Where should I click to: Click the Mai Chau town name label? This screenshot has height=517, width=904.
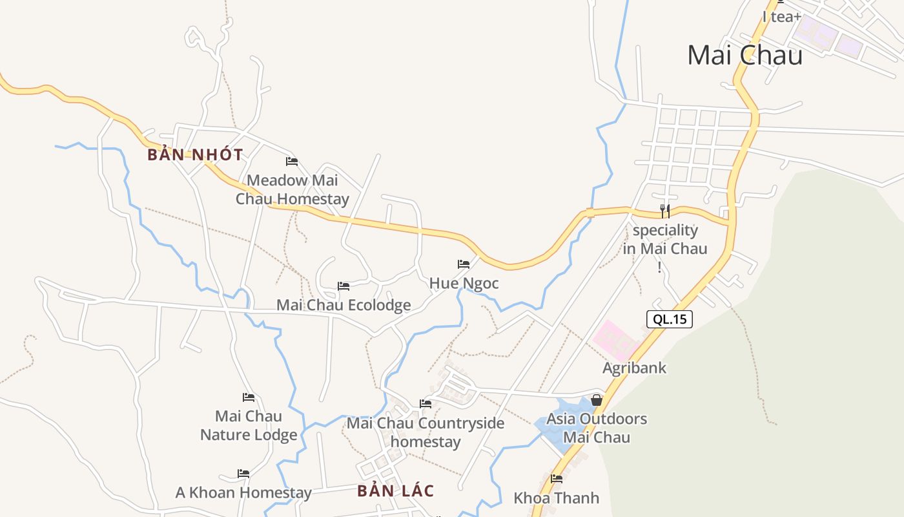(x=745, y=55)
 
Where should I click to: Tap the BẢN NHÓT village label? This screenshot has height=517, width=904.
(x=195, y=155)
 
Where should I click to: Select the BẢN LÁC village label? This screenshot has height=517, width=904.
(x=395, y=491)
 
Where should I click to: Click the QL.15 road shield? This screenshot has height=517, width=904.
(x=669, y=319)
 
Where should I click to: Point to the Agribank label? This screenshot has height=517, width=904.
(x=634, y=368)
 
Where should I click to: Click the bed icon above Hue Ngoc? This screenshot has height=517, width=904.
(x=464, y=264)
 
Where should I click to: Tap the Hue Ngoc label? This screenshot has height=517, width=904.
(x=464, y=284)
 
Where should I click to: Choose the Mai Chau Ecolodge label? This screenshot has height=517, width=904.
(x=344, y=305)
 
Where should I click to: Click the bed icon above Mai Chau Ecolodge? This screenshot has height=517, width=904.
(x=344, y=286)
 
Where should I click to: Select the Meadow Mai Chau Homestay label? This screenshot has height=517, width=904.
(x=292, y=189)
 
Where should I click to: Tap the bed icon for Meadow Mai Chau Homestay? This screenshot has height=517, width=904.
(x=292, y=161)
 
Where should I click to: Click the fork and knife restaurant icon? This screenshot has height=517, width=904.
(x=665, y=211)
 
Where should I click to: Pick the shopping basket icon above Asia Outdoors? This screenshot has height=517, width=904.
(x=597, y=400)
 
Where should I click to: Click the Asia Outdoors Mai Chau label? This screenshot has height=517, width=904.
(x=597, y=428)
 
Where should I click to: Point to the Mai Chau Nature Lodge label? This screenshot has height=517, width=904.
(x=249, y=425)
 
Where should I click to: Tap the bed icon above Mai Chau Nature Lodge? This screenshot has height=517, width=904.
(x=249, y=397)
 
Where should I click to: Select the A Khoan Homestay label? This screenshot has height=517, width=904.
(x=243, y=493)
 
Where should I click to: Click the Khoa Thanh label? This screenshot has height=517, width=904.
(x=556, y=498)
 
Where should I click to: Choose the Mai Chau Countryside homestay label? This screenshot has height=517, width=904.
(x=426, y=432)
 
